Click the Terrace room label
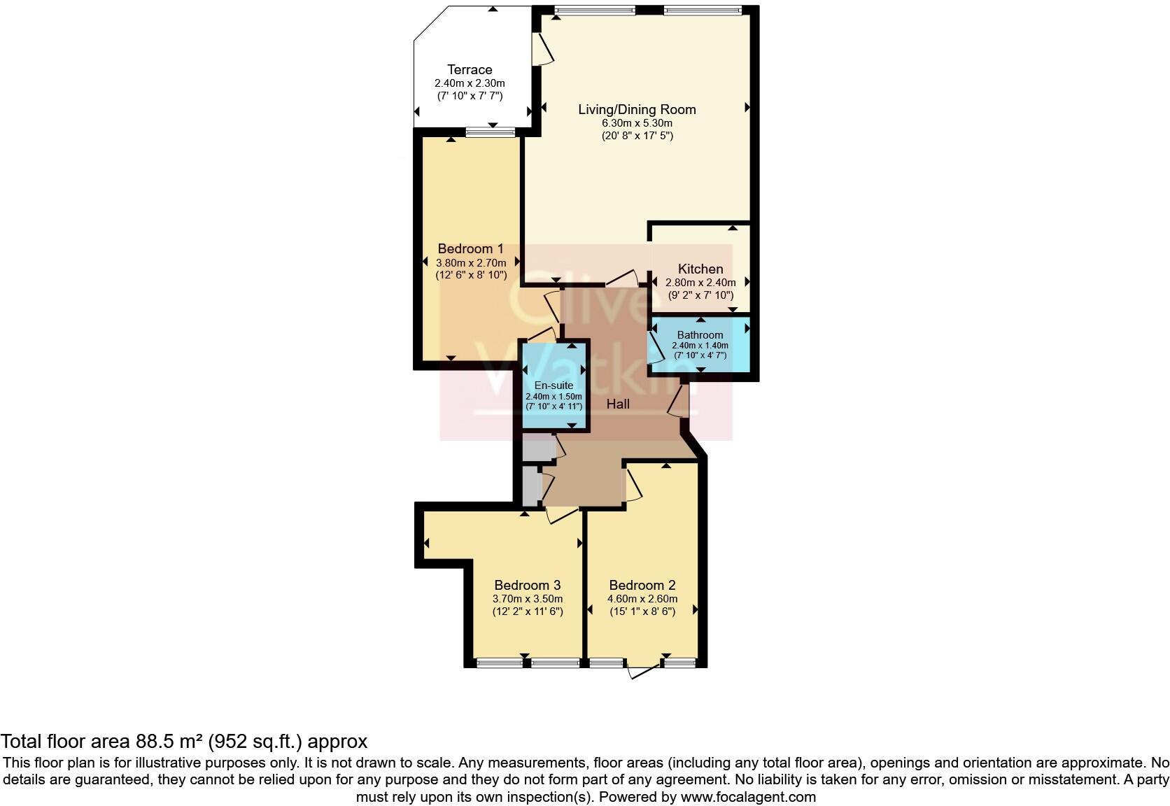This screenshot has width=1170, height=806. point(470,69)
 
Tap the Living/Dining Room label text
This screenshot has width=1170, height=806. point(637,109)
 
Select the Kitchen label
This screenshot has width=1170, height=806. point(700,269)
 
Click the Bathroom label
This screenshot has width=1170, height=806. point(700,335)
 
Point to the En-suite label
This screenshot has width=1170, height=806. point(554,386)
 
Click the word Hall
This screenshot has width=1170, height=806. point(618,404)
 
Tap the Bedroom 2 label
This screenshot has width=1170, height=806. point(642,585)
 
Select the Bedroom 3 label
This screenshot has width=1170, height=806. point(527,585)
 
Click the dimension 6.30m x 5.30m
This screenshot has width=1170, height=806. point(637,123)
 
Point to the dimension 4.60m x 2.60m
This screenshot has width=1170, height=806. point(642,599)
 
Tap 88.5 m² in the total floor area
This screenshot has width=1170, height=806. point(167,741)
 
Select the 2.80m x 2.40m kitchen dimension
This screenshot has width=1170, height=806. point(700,283)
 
